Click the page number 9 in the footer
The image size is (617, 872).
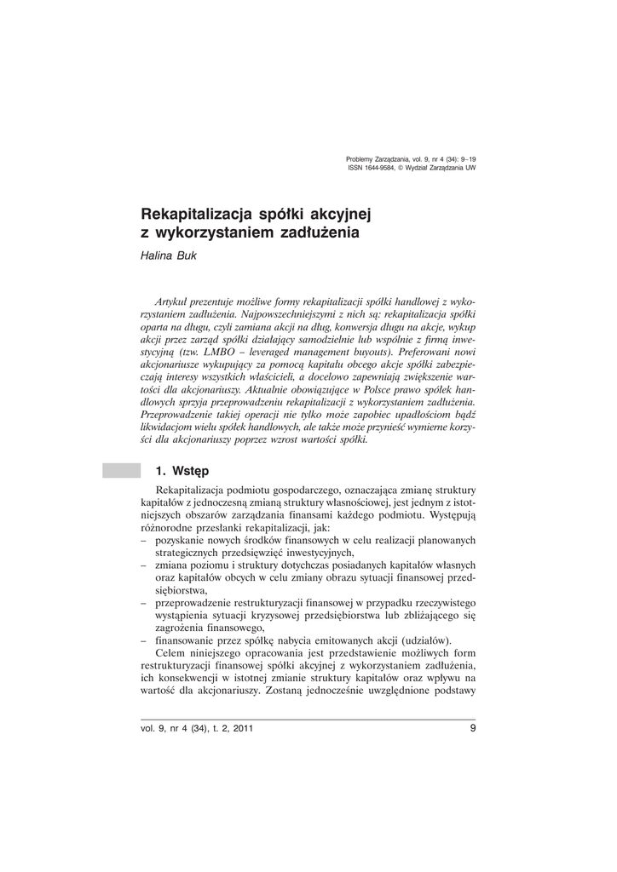pyautogui.click(x=472, y=728)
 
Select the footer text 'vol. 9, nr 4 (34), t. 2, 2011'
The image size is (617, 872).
pyautogui.click(x=197, y=729)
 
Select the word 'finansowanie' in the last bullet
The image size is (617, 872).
pyautogui.click(x=187, y=640)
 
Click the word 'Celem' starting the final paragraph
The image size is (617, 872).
pyautogui.click(x=171, y=652)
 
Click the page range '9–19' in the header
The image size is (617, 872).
pyautogui.click(x=467, y=159)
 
